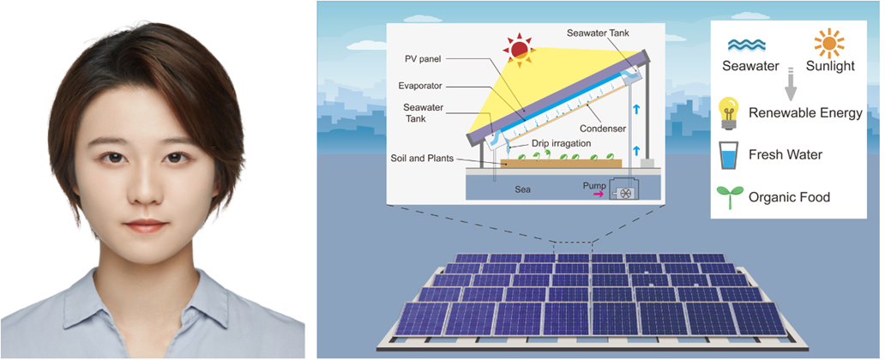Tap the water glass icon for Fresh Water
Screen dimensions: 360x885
click(x=726, y=155)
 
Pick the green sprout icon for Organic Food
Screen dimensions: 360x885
click(x=726, y=196)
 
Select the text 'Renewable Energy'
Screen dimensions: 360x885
click(x=805, y=113)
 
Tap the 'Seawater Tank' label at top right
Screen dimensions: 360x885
click(x=600, y=33)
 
